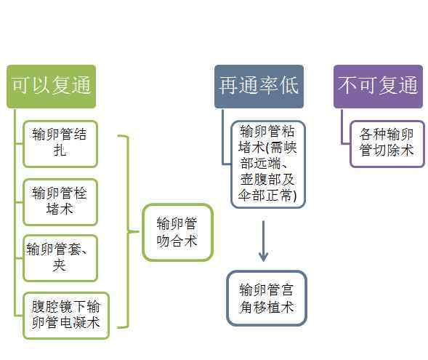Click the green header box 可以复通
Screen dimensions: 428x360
click(x=52, y=87)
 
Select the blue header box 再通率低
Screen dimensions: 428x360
click(x=259, y=87)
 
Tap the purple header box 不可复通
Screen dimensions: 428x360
click(x=378, y=87)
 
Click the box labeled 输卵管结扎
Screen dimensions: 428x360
click(x=60, y=144)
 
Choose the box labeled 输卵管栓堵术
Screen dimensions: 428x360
click(x=60, y=202)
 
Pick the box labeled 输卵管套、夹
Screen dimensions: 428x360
click(x=60, y=258)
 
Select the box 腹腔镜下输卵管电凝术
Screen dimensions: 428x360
click(x=66, y=316)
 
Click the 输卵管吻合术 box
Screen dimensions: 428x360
click(x=177, y=232)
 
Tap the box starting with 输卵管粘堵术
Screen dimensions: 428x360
click(x=268, y=164)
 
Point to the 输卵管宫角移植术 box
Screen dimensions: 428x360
click(x=267, y=298)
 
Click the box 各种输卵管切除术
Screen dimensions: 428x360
click(x=387, y=144)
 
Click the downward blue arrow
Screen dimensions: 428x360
click(x=263, y=241)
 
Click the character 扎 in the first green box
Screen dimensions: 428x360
click(x=60, y=151)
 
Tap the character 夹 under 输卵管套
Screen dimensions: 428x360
click(x=60, y=265)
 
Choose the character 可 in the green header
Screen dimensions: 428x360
click(x=21, y=85)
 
